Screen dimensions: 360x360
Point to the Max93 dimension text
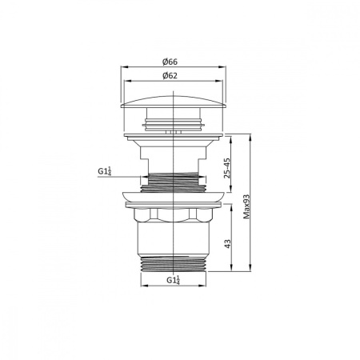[x=248, y=206]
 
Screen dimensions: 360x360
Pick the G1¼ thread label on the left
[x=104, y=171]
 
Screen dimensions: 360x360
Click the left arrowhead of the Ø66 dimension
[x=122, y=68]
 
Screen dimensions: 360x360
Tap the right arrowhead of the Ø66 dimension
[x=225, y=68]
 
